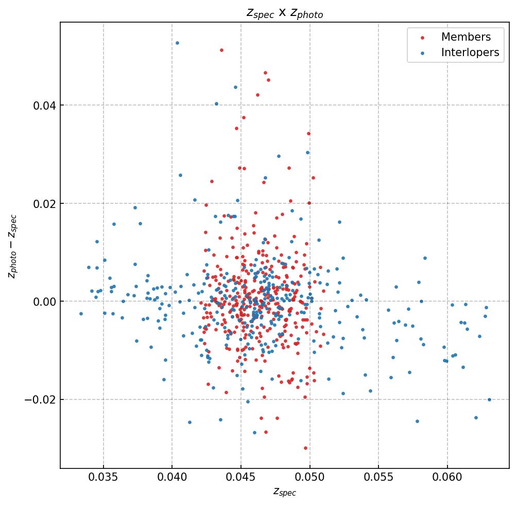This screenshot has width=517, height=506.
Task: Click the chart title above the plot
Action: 285,13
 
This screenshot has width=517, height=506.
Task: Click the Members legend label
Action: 466,37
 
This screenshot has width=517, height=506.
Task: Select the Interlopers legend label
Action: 470,53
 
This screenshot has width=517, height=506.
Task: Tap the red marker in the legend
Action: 423,38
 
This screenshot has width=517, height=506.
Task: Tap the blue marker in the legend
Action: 423,53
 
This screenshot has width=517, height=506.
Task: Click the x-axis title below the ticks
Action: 285,492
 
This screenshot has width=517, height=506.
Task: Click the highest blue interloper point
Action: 177,43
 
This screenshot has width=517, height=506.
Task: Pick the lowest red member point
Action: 305,448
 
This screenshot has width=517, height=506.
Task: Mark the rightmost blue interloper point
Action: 489,399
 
